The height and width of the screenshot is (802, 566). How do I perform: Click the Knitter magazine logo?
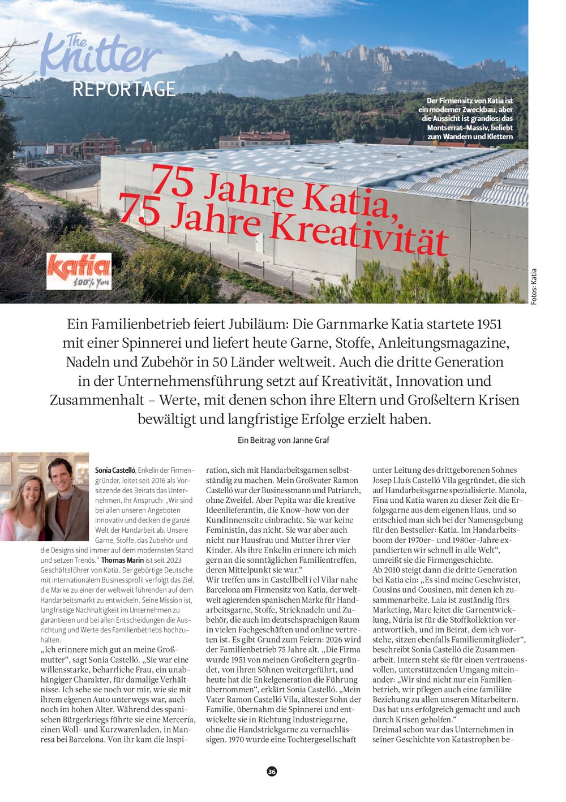101,55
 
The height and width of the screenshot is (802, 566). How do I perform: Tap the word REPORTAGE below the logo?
124,89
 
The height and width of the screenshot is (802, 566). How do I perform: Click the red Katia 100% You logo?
79,271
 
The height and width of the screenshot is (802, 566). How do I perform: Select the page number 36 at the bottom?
272,771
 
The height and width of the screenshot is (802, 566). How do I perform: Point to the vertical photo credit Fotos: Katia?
534,287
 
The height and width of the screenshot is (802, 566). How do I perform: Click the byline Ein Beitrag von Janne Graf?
283,440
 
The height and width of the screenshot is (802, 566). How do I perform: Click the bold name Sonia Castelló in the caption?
115,471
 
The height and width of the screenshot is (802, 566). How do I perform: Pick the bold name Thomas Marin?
122,560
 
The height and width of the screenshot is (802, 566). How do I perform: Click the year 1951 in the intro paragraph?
489,324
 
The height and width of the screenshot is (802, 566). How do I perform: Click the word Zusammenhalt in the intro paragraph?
97,400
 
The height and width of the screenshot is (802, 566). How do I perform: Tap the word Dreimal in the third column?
388,730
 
